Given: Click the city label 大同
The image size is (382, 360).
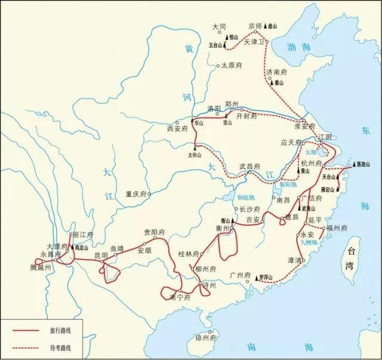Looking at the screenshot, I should click(x=220, y=27).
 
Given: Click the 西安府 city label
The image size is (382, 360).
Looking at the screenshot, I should click(x=177, y=128).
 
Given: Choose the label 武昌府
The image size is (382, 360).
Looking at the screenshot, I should click(x=250, y=167).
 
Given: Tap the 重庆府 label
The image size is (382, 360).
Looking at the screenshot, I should click(x=136, y=193).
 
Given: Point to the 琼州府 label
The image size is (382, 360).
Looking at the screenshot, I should click(x=206, y=337).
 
